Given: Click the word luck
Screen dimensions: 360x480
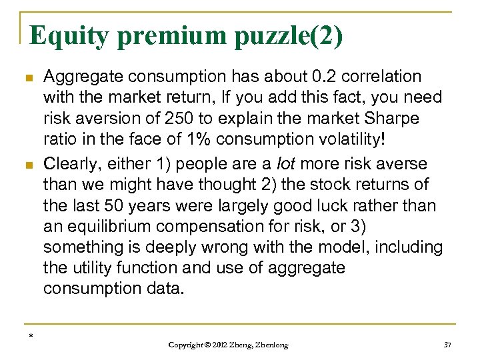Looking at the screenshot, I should (x=339, y=205).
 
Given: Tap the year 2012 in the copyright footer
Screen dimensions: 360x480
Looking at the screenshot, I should (x=220, y=345).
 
